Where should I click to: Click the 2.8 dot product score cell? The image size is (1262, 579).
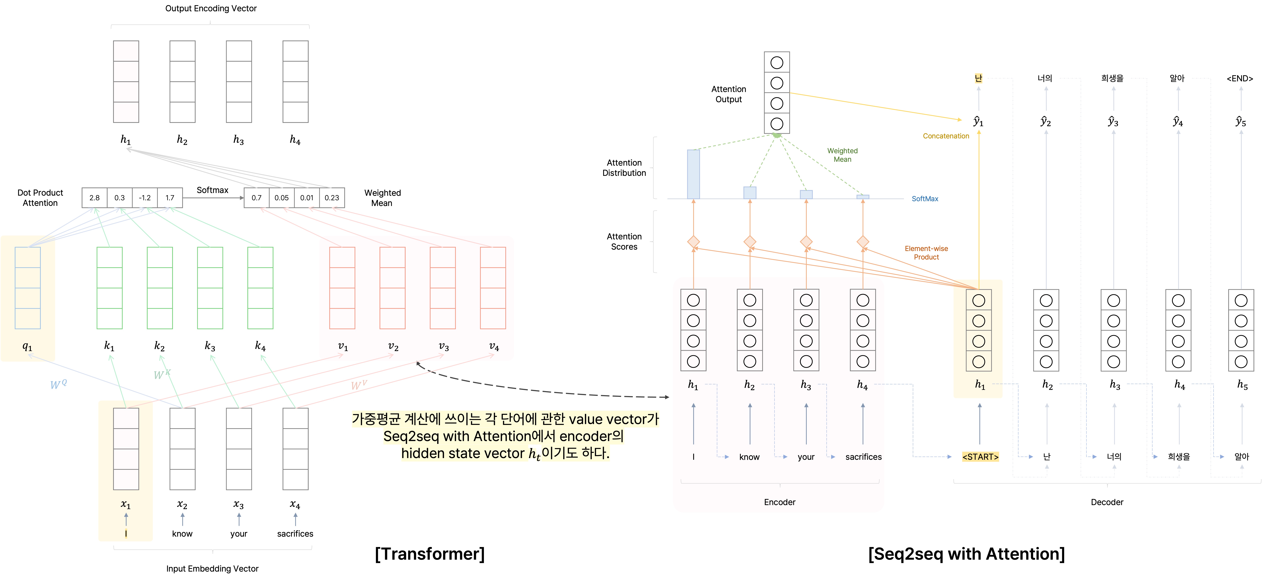(95, 198)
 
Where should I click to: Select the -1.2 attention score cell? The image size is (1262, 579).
(144, 198)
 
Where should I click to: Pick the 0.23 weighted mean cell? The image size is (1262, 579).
(332, 198)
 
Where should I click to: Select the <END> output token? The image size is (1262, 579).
(1240, 78)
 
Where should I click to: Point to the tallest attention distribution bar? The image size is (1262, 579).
(693, 174)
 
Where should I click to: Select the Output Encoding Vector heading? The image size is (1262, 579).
(211, 8)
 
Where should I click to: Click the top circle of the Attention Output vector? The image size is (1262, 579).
(777, 63)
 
